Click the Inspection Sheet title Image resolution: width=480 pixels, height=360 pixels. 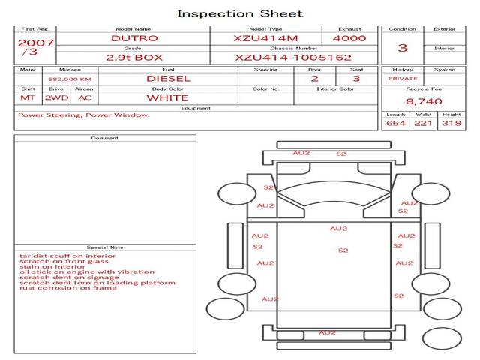tap(240, 13)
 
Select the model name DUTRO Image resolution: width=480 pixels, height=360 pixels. tap(134, 38)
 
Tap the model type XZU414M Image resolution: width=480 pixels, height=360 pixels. tap(265, 38)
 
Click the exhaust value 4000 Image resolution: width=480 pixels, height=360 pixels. tap(349, 38)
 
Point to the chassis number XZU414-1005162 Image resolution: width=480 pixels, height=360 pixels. tap(293, 58)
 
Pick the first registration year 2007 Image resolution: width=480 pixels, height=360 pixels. tap(36, 43)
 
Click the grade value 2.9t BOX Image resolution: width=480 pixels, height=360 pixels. tap(134, 58)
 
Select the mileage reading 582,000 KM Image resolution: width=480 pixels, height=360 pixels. tap(70, 79)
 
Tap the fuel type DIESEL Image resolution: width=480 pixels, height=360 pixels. tap(168, 78)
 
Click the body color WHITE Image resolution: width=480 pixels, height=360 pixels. tap(167, 98)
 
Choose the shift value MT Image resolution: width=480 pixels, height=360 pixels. tap(28, 97)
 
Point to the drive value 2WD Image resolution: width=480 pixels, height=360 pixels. tap(57, 97)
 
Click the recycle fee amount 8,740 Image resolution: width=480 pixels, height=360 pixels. tap(424, 101)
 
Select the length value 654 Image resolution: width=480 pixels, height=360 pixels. tap(395, 123)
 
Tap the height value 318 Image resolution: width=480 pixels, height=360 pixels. tap(451, 123)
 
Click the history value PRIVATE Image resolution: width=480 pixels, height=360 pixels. tap(403, 78)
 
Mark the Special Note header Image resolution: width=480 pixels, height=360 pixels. tap(105, 247)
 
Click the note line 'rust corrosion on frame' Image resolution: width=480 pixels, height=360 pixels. tap(68, 288)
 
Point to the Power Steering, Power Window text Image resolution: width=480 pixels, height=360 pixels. tap(82, 115)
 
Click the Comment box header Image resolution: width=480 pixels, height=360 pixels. tap(105, 138)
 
